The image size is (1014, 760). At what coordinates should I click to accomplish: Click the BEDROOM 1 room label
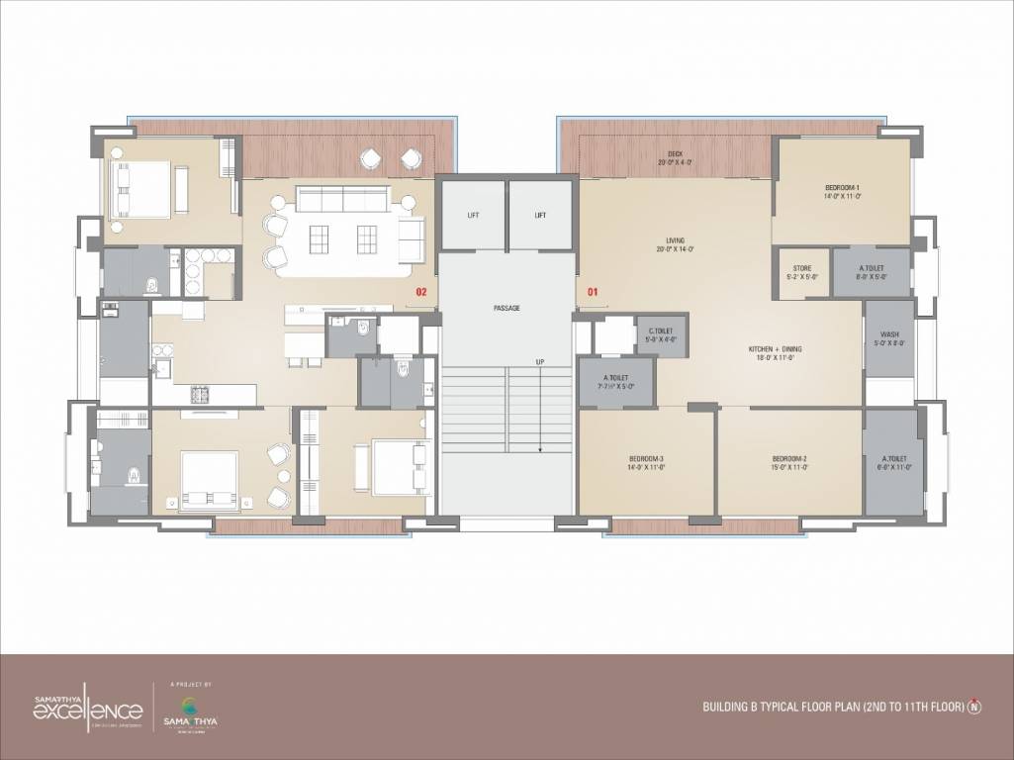(x=843, y=187)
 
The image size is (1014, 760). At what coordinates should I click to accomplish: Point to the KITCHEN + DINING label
(x=777, y=349)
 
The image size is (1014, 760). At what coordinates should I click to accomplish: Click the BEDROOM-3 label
(x=646, y=459)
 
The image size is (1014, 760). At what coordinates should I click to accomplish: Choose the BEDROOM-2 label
(x=789, y=459)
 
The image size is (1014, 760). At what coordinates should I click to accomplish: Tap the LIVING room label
(x=675, y=238)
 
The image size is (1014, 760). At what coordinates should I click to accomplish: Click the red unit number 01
(x=594, y=292)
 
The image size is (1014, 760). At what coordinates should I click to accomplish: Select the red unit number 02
(x=420, y=292)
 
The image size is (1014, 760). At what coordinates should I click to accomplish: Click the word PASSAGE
(x=507, y=308)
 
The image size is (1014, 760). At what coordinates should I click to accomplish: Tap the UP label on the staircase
(x=540, y=362)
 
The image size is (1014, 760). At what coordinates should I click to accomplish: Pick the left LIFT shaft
(x=472, y=215)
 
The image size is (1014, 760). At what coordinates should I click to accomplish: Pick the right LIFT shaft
(x=540, y=215)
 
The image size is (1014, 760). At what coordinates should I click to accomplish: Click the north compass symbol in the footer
(x=975, y=707)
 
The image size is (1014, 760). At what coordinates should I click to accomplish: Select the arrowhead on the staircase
(x=540, y=448)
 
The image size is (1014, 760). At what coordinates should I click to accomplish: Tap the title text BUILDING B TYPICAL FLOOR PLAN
(x=832, y=708)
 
